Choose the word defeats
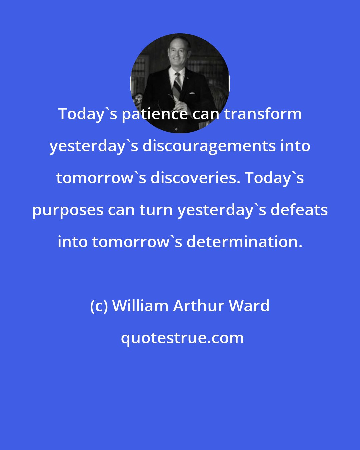click(x=299, y=210)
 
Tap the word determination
click(x=244, y=242)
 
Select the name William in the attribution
click(x=140, y=306)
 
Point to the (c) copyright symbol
click(x=99, y=306)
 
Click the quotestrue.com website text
click(x=182, y=338)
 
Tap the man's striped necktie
click(x=177, y=85)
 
